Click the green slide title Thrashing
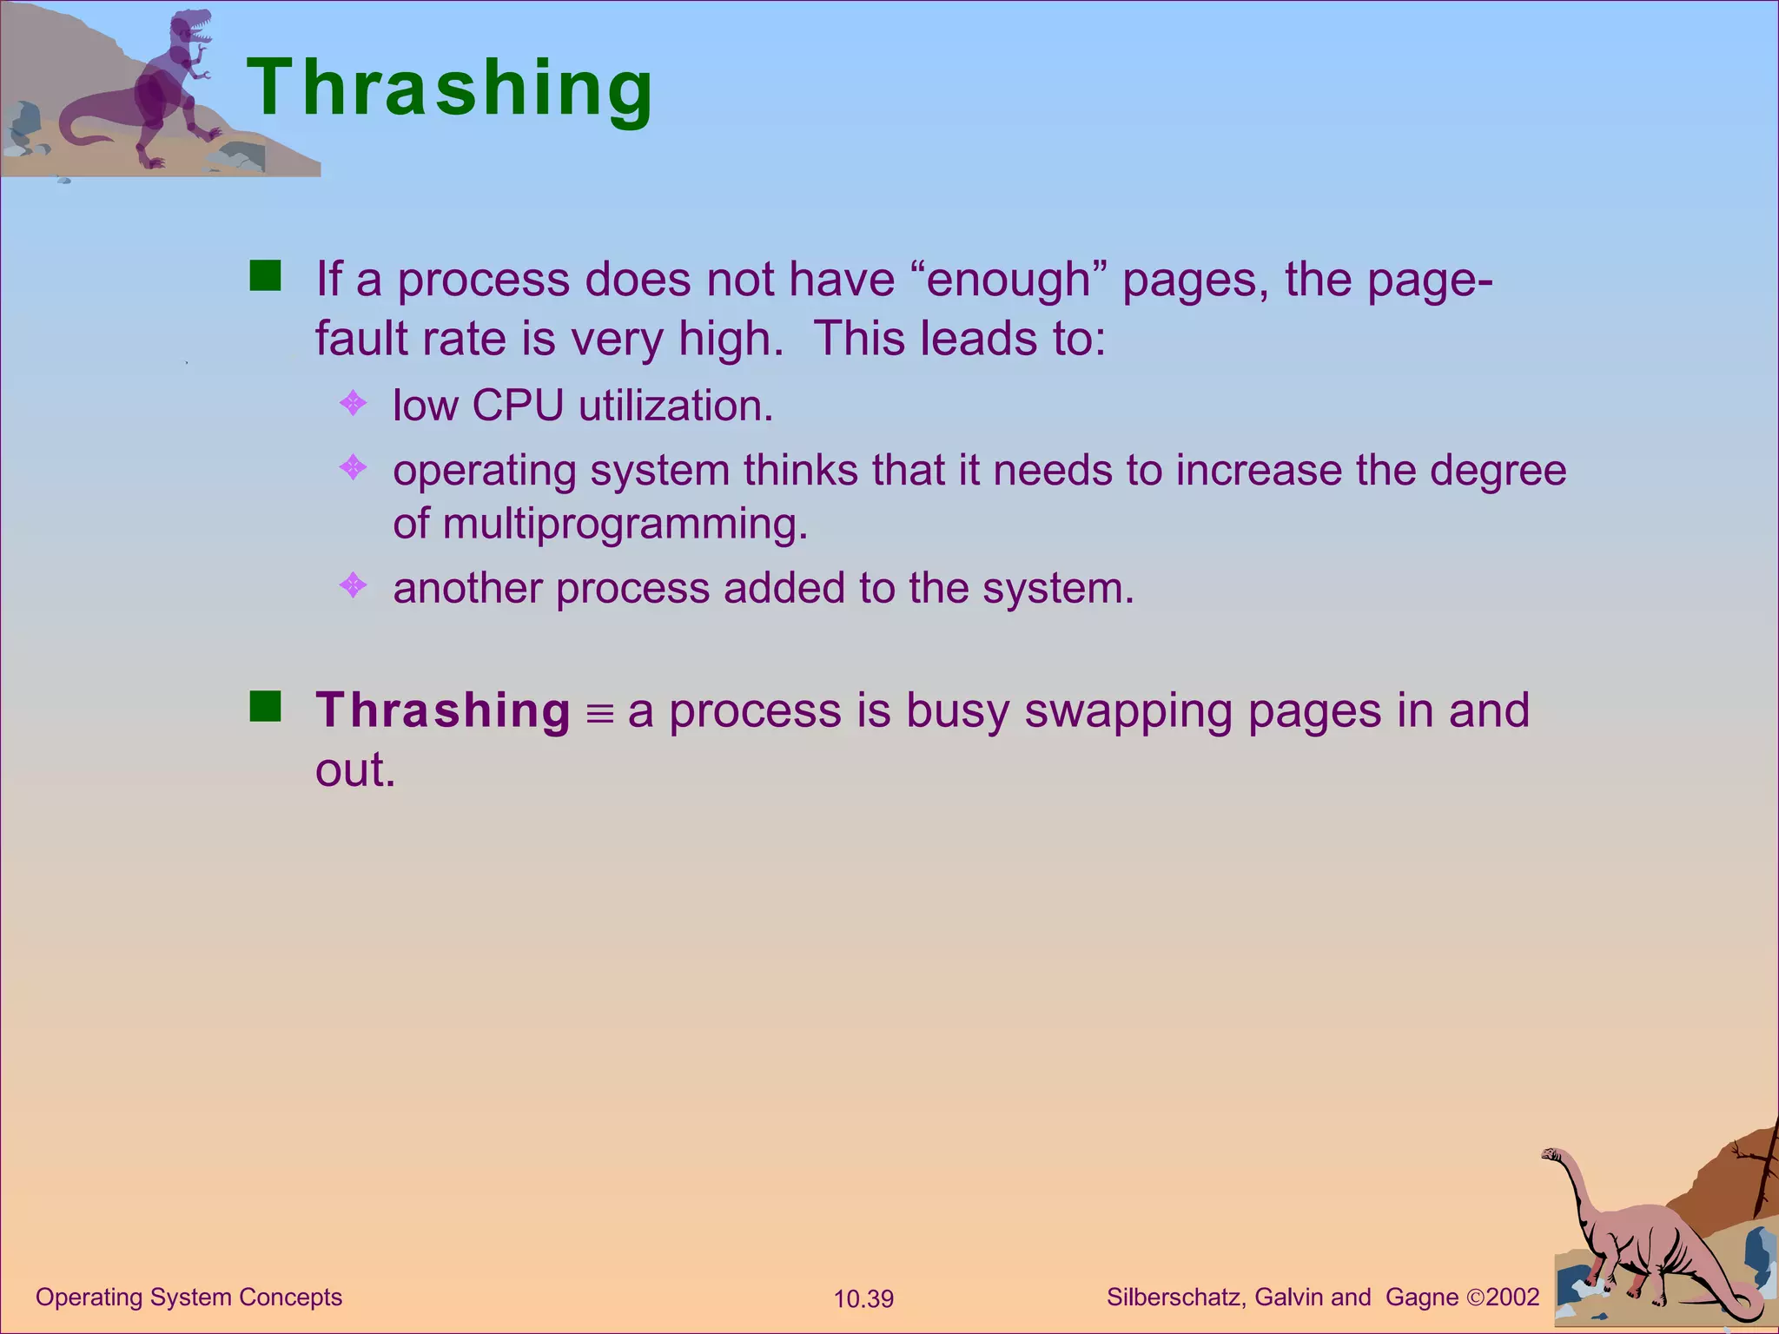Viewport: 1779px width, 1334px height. click(x=450, y=89)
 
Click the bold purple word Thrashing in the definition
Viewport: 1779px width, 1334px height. click(x=442, y=710)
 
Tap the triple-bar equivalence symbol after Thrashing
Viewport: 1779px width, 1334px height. click(x=599, y=714)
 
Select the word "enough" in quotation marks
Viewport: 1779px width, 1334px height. click(x=1008, y=280)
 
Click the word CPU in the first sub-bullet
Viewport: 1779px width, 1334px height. click(x=518, y=406)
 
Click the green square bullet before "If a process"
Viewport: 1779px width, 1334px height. click(x=265, y=275)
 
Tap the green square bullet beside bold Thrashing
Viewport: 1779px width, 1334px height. click(x=265, y=706)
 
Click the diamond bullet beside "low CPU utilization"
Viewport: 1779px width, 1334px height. click(x=353, y=403)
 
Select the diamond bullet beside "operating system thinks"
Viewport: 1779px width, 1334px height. click(x=353, y=468)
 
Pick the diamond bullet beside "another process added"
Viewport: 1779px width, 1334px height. click(x=353, y=585)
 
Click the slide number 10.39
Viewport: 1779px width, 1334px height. click(x=863, y=1299)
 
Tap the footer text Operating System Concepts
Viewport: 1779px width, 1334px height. click(x=188, y=1298)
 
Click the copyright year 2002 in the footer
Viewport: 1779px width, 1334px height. click(x=1512, y=1298)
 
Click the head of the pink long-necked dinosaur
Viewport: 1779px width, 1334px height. click(x=1552, y=1155)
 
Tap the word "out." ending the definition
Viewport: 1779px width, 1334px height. click(x=355, y=770)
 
